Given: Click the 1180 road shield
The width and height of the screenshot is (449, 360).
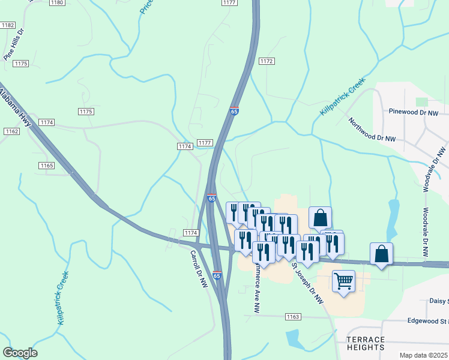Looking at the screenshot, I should pyautogui.click(x=57, y=3).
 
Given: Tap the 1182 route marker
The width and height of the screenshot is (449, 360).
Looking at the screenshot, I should pyautogui.click(x=8, y=25).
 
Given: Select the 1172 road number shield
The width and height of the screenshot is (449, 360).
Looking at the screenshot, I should pyautogui.click(x=267, y=61).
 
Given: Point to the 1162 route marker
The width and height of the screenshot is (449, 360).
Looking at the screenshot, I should pyautogui.click(x=11, y=131).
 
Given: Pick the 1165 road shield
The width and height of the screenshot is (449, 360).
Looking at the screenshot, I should pyautogui.click(x=46, y=165).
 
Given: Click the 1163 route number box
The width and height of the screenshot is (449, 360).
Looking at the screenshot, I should pyautogui.click(x=293, y=316).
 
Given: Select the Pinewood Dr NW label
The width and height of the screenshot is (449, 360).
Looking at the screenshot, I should pyautogui.click(x=414, y=112).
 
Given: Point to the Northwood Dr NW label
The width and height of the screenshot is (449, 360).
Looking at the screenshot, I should pyautogui.click(x=373, y=130).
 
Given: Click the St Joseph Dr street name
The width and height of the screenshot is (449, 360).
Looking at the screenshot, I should pyautogui.click(x=307, y=282).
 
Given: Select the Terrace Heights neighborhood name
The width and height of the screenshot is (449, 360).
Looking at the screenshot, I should pyautogui.click(x=365, y=343).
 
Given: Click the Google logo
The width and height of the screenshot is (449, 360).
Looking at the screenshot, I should pyautogui.click(x=20, y=353).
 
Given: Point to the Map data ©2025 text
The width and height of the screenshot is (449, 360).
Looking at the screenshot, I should pyautogui.click(x=423, y=355).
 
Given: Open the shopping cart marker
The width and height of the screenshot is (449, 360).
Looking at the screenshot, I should pyautogui.click(x=343, y=281).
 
